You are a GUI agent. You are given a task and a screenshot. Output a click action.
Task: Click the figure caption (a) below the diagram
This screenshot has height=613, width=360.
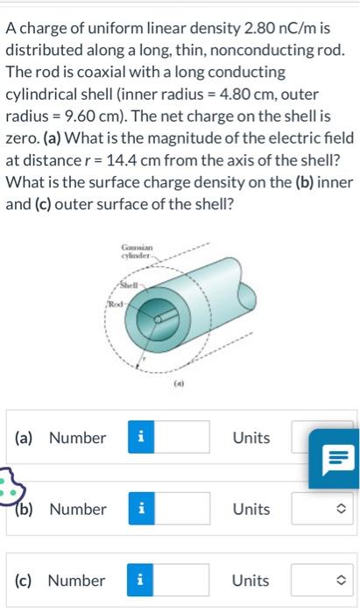[178, 383]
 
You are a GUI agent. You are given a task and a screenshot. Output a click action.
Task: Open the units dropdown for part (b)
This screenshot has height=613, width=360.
[324, 509]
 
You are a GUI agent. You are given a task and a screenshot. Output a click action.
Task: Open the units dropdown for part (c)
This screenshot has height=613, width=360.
[324, 581]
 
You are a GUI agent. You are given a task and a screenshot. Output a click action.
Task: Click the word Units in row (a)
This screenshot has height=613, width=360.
[251, 438]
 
